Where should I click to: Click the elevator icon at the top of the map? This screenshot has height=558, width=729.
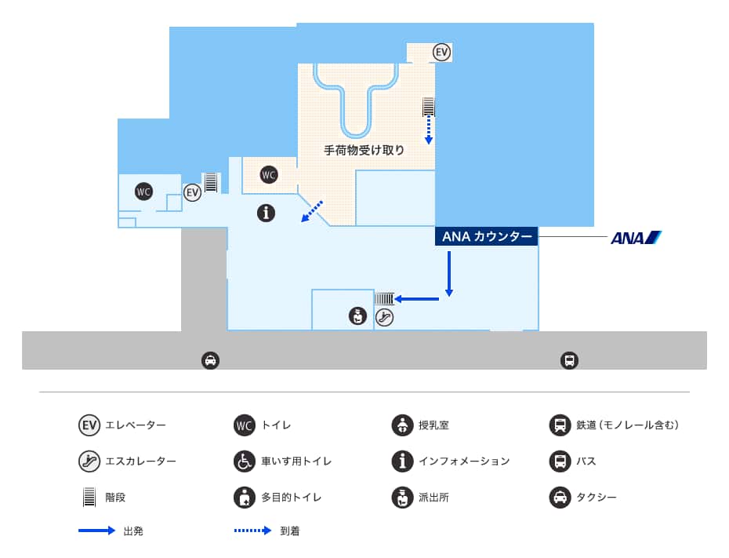click(x=442, y=53)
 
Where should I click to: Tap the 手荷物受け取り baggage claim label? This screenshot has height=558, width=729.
click(x=364, y=150)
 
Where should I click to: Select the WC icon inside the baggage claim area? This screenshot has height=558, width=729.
click(x=269, y=175)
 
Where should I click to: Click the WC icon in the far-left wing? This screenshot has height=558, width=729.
click(x=143, y=191)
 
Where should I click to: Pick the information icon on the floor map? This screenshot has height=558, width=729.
click(x=267, y=212)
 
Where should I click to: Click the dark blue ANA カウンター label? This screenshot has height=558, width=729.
click(x=487, y=236)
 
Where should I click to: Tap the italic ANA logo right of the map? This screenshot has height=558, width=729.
click(x=636, y=237)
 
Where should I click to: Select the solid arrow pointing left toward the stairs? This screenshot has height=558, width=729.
click(x=416, y=299)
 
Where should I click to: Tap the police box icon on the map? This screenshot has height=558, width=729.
click(x=357, y=316)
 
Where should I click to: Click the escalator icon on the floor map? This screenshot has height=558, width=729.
click(x=384, y=317)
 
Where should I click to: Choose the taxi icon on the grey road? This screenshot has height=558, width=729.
click(x=210, y=360)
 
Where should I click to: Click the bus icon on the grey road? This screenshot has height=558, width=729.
click(x=569, y=360)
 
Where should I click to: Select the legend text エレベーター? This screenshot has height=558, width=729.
click(x=136, y=425)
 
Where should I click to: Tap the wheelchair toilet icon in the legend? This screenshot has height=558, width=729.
click(x=245, y=461)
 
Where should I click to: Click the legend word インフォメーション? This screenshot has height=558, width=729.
click(x=464, y=461)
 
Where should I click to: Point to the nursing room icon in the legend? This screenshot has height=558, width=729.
click(x=402, y=425)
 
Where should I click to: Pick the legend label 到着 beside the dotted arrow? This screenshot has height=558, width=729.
click(x=290, y=531)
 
